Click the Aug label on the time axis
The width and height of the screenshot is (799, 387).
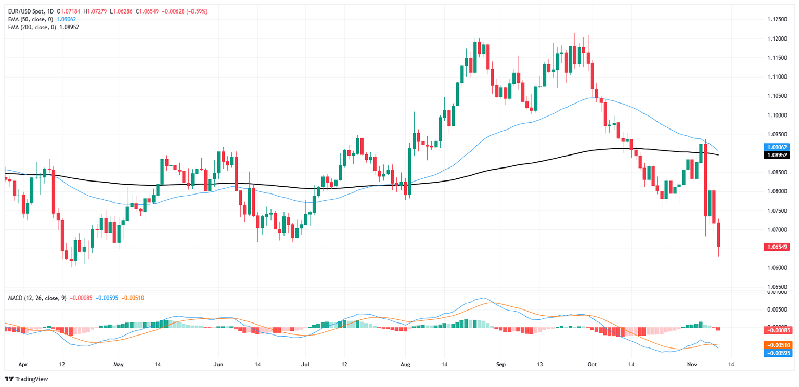point(406,364)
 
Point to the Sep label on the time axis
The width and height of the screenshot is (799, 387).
point(501,364)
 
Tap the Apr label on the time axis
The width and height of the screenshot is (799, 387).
point(23,364)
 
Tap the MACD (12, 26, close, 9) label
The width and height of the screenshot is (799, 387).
point(36,298)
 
